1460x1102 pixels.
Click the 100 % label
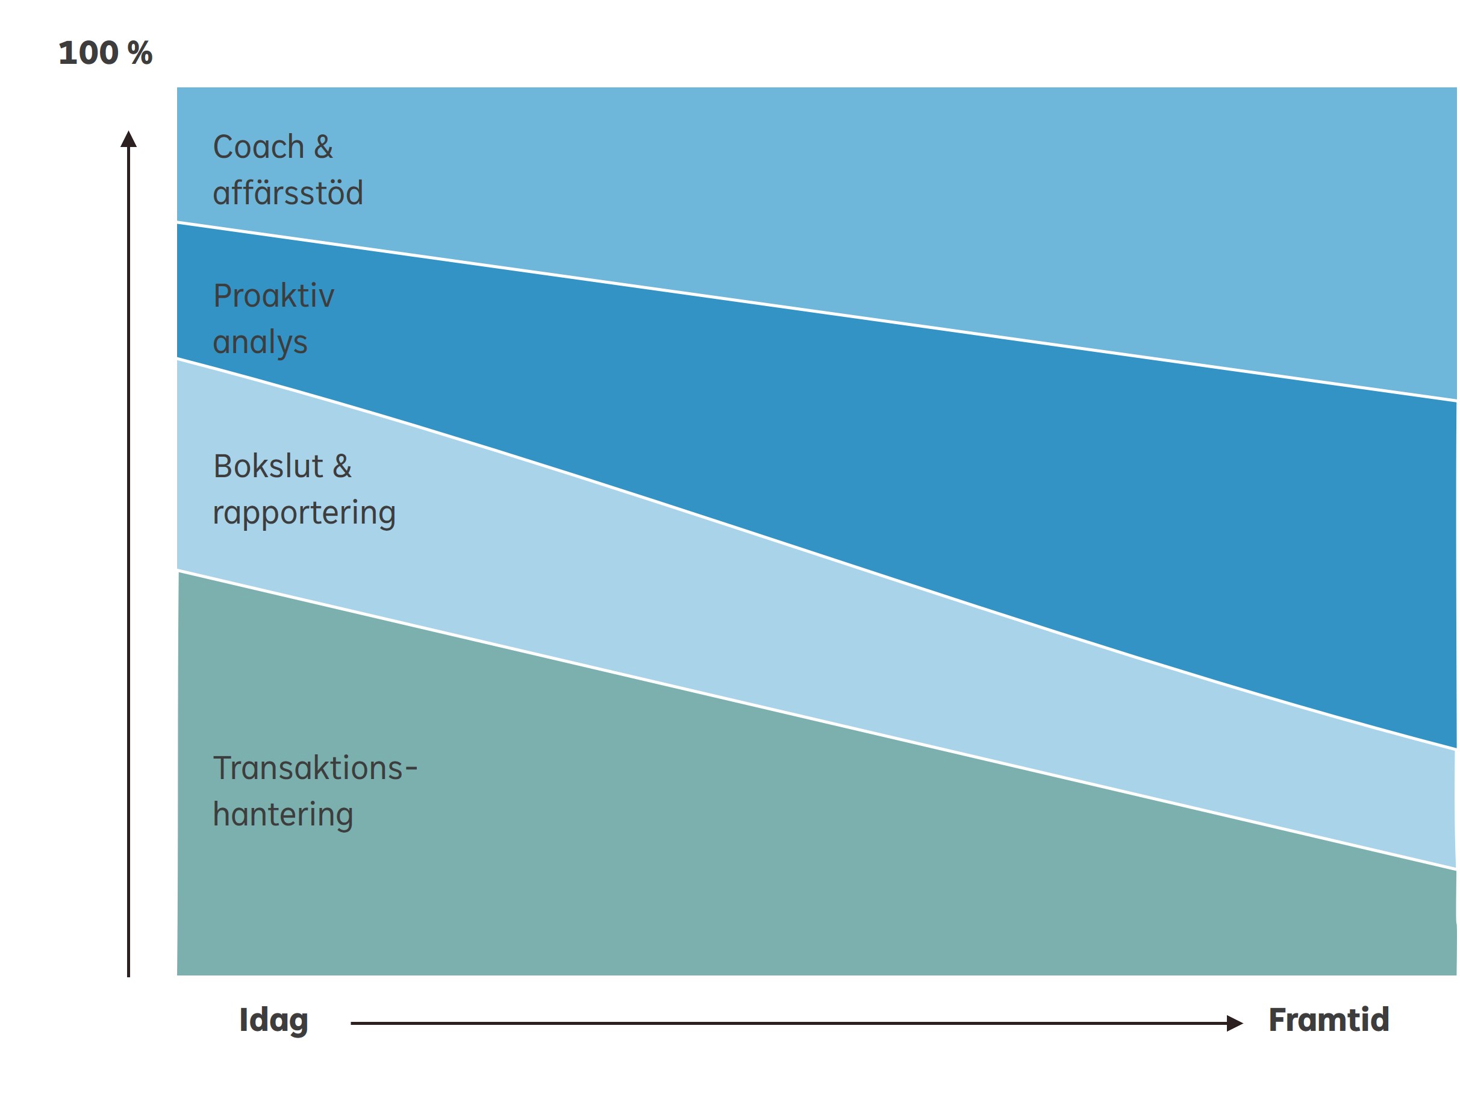105,53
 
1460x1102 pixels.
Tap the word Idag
273,1020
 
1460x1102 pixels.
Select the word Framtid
1329,1019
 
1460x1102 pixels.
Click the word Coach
258,146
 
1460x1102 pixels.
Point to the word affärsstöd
288,192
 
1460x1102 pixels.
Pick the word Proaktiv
273,295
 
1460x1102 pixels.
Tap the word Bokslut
268,466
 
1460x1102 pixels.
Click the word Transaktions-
315,768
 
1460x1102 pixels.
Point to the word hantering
282,815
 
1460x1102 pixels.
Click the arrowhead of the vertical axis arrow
129,139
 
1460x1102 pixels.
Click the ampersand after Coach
323,146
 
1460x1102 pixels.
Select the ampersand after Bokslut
342,466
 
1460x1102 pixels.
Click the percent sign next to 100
140,53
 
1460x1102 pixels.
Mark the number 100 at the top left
89,53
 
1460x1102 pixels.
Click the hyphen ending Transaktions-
411,769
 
